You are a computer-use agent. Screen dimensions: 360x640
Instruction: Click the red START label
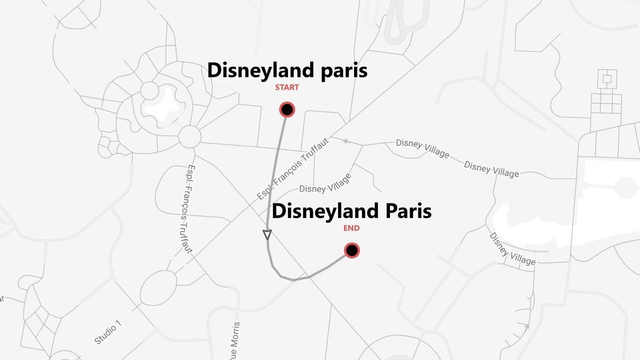[287, 87]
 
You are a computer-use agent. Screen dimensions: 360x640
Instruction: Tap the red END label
[351, 228]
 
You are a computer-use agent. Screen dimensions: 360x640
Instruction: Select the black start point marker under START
[287, 109]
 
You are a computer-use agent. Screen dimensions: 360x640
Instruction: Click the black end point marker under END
[352, 250]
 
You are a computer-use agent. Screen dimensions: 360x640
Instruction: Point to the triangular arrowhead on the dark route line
[267, 234]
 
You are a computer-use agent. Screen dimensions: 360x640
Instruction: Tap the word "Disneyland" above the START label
[251, 70]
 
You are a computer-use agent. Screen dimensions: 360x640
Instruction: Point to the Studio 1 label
[107, 334]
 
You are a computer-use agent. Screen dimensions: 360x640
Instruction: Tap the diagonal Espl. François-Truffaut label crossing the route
[293, 168]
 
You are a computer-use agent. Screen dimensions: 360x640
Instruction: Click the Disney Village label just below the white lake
[512, 249]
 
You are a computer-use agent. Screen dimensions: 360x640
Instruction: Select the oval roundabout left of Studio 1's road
[158, 288]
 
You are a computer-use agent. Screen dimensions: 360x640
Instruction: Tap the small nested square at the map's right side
[607, 78]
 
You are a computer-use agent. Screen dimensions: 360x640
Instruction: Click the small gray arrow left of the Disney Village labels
[345, 141]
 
